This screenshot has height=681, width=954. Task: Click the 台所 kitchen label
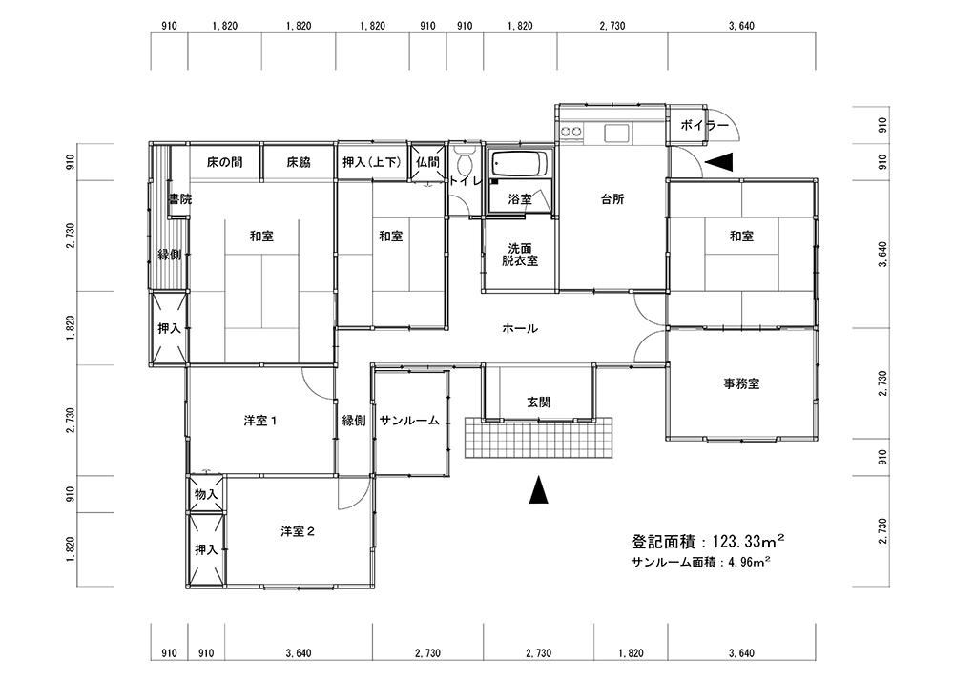tap(612, 199)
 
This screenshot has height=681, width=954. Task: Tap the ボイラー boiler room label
tap(704, 126)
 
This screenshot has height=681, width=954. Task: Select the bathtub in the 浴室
tap(520, 163)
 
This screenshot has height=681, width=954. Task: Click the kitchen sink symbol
tap(617, 132)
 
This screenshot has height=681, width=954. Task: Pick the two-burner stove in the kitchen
tap(571, 131)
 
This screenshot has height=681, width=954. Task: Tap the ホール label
tap(520, 329)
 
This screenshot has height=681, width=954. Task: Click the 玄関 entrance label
tap(538, 402)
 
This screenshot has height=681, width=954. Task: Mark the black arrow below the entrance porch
tap(538, 489)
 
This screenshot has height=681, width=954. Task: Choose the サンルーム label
tap(409, 421)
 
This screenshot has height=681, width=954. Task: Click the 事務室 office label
tap(741, 384)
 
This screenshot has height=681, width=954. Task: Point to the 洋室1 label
tap(260, 421)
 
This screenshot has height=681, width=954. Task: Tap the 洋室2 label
tap(298, 531)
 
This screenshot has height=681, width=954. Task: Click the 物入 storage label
tap(206, 494)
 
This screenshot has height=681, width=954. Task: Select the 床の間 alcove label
tap(224, 162)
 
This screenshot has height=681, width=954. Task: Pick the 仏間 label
tap(427, 162)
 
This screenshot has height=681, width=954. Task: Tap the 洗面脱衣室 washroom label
tap(520, 255)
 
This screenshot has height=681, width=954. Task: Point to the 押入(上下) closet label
tap(372, 162)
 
